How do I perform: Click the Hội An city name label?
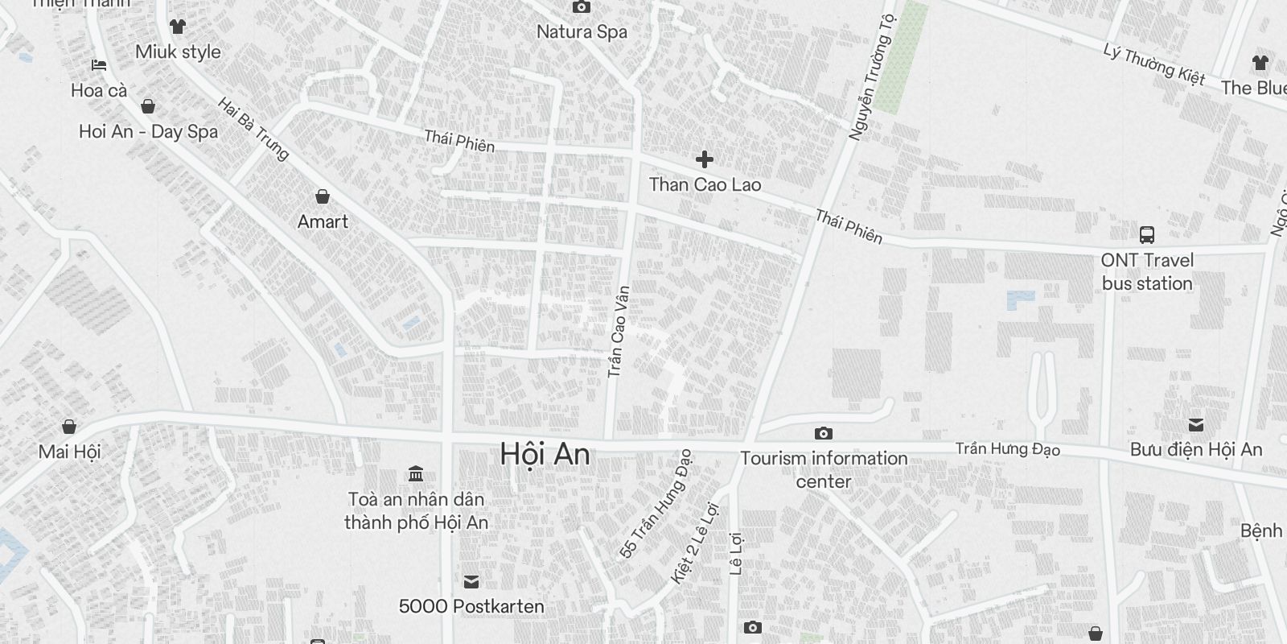545,455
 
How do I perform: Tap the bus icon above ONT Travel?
1147,235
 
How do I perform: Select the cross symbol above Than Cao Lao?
705,159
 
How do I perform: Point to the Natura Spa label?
582,32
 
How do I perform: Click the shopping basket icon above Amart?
323,196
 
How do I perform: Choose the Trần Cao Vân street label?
618,332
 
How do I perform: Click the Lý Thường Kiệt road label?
1154,64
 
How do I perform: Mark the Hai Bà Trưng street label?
253,129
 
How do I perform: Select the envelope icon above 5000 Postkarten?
471,581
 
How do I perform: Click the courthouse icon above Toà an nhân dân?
416,473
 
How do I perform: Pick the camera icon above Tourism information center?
823,434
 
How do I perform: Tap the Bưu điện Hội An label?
1196,450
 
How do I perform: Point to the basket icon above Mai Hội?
69,427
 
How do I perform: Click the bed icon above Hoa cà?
99,65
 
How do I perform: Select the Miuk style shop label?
178,52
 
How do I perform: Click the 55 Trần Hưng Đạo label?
656,506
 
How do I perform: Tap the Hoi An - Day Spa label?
149,132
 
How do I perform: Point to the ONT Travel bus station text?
1147,271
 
